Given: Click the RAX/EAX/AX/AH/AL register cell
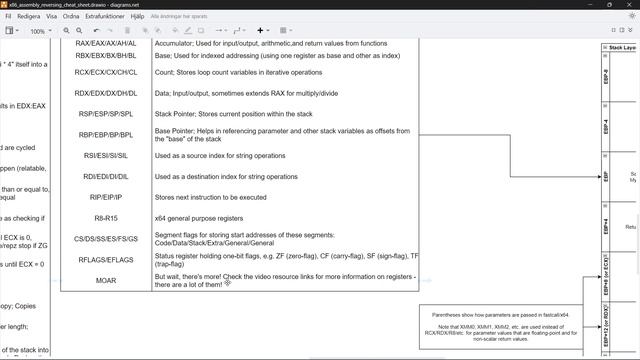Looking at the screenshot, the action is [x=106, y=44].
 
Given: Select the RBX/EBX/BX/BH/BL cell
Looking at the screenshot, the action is [x=106, y=57].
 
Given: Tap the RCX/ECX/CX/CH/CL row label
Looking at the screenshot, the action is [x=106, y=72].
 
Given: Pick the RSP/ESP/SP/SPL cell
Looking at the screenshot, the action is [x=106, y=114].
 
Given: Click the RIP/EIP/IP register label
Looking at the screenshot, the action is [x=106, y=198].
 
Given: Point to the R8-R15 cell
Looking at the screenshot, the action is [x=106, y=217].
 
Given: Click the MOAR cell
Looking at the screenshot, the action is [x=106, y=281].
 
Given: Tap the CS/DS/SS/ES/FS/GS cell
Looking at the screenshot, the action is [x=106, y=239].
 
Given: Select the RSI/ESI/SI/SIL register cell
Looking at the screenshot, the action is [x=106, y=156].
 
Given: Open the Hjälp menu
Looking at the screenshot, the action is [x=138, y=17].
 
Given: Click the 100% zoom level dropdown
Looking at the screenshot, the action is [x=40, y=31].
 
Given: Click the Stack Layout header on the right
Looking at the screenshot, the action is [x=622, y=47].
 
